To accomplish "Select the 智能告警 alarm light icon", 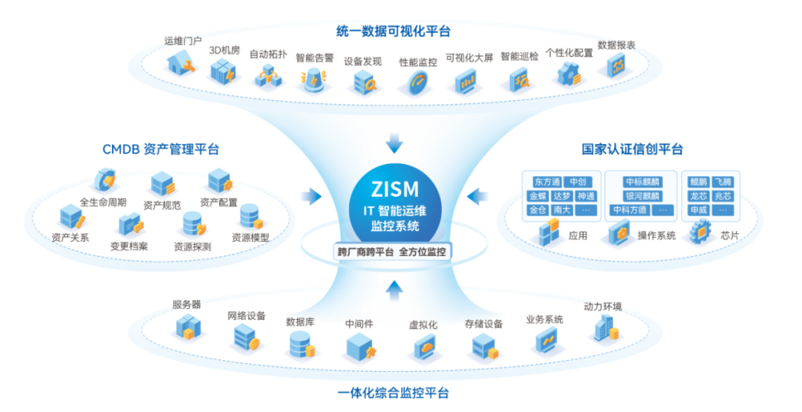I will (313, 77).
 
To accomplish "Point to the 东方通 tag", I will (547, 182).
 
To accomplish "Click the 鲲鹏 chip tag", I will (698, 182).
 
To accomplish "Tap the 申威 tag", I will (698, 210).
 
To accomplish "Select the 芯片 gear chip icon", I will (699, 234).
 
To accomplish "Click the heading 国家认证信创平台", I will (631, 149).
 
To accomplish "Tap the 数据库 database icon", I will (301, 344).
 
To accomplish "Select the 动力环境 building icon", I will (604, 327).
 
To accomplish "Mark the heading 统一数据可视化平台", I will (394, 31).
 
